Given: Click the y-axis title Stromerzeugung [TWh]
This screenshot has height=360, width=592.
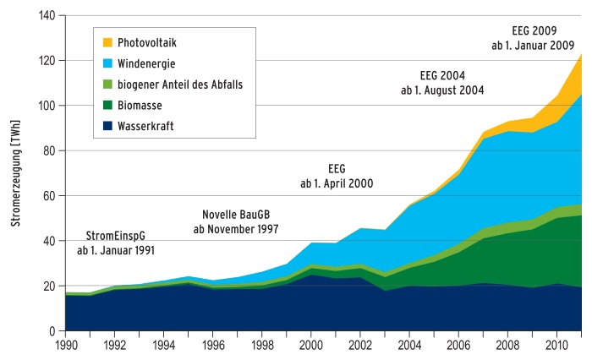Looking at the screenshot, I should tap(15, 173).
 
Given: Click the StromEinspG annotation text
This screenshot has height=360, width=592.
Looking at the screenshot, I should tap(117, 236).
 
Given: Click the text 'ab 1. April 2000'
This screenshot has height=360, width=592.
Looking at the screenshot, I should tap(336, 183).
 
